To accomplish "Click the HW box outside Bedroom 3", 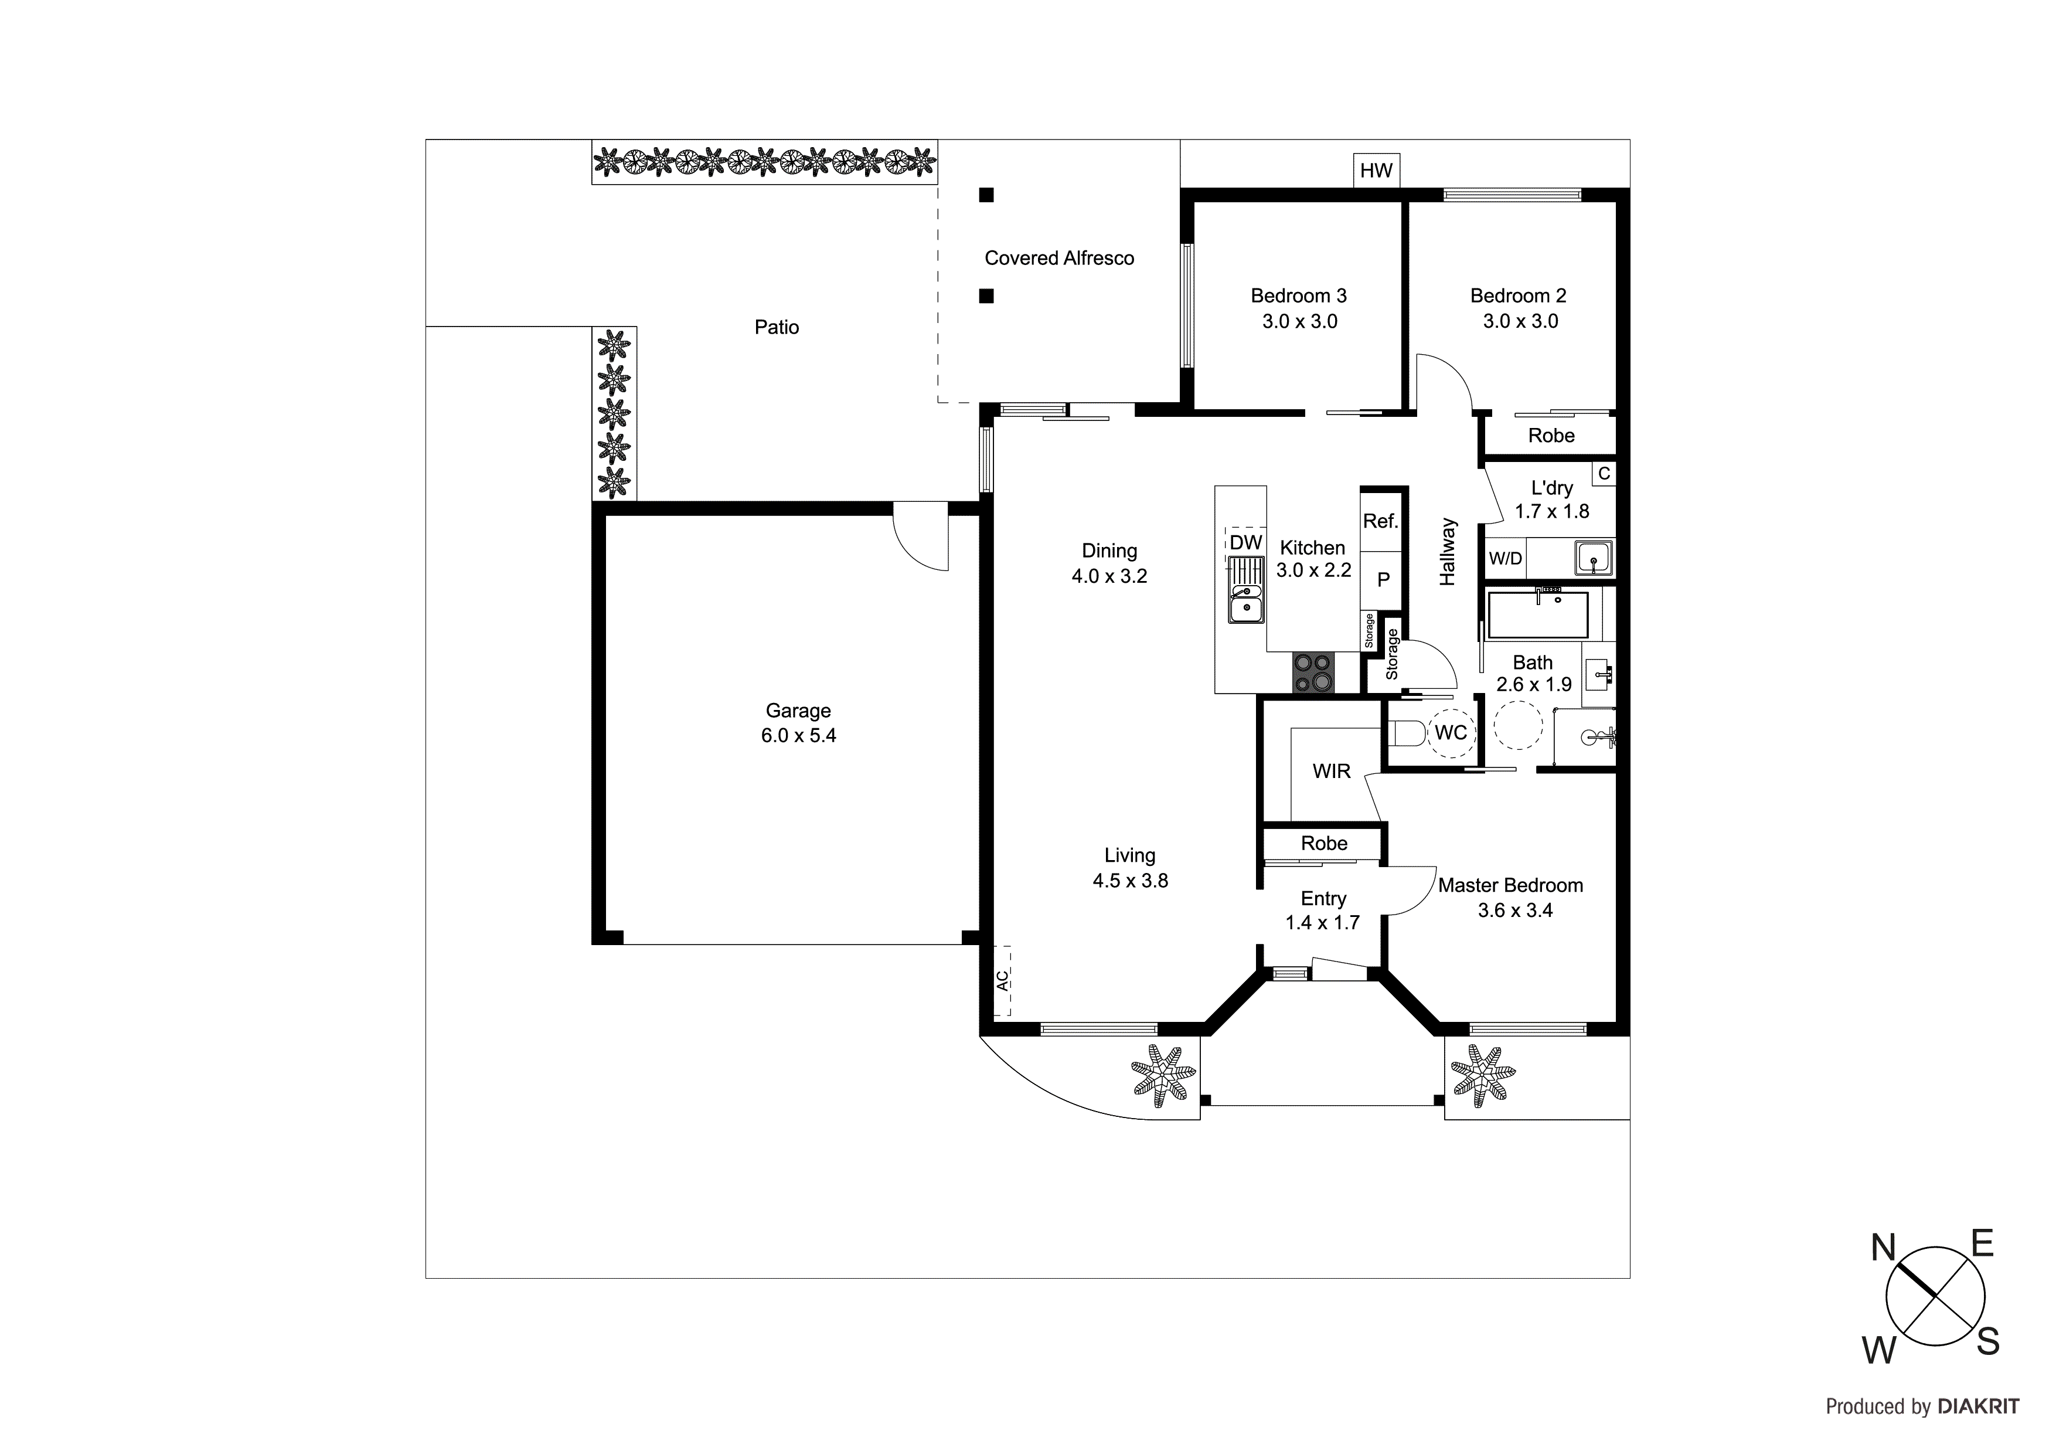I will [x=1376, y=170].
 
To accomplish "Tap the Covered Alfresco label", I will [x=1058, y=258].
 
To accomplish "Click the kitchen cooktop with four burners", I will [x=1313, y=673].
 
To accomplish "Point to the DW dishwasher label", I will [x=1245, y=542].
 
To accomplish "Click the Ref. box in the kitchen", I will [x=1380, y=521].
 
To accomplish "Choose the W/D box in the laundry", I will [x=1504, y=558].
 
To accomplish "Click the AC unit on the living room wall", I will [x=1002, y=980].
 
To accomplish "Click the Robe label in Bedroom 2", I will [x=1550, y=436].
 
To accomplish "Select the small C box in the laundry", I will [x=1604, y=473].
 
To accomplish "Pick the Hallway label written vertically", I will [x=1447, y=552].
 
